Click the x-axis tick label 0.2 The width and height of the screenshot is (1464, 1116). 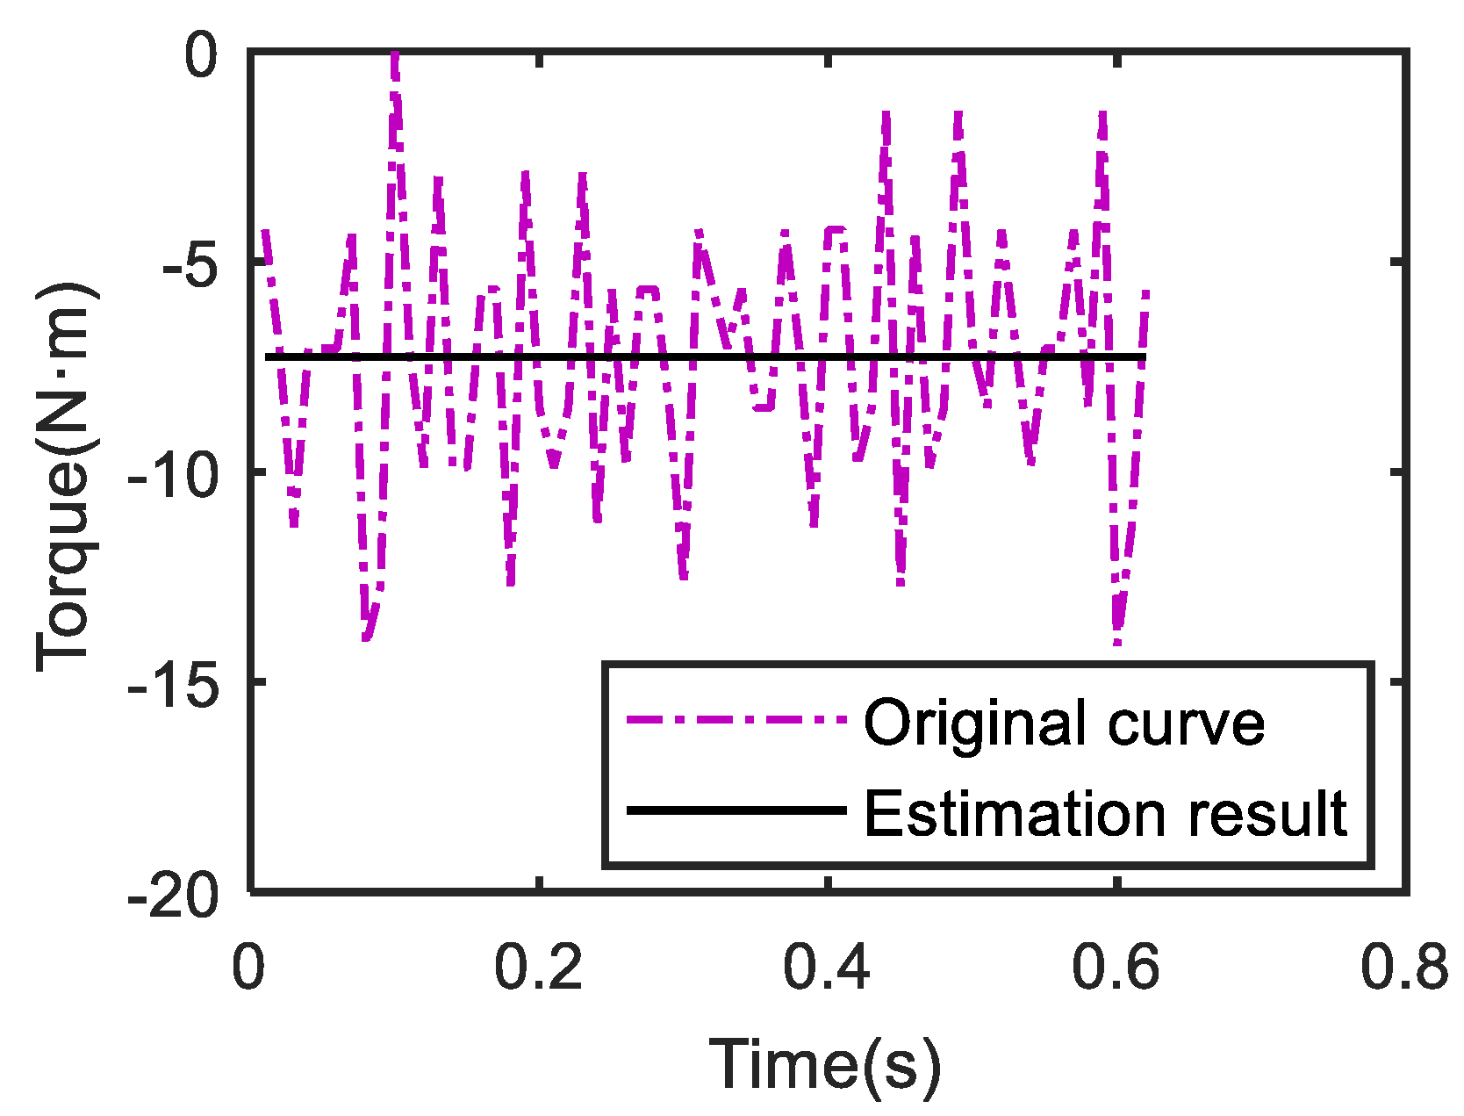538,968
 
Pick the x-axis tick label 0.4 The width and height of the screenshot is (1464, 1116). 827,968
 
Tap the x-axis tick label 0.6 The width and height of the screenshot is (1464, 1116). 1116,968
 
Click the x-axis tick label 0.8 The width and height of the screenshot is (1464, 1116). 1404,968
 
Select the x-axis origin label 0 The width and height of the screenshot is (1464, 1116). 249,968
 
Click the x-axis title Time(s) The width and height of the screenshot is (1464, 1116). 826,1063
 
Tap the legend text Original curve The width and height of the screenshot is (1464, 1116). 1064,723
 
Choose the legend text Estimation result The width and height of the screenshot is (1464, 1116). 1104,813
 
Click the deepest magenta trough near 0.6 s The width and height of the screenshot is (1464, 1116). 1116,642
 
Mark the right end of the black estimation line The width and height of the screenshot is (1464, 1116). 1144,356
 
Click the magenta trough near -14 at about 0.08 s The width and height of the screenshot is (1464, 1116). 366,637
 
